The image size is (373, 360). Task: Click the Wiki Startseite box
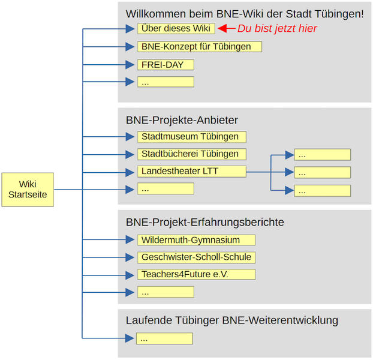[28, 190]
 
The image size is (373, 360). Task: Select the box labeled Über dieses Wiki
[176, 28]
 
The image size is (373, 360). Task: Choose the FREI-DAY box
[166, 64]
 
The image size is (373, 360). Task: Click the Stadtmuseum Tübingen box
[191, 136]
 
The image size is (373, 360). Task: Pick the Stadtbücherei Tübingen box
[191, 154]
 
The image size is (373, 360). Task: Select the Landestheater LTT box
[191, 172]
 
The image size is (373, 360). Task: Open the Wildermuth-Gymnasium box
[196, 240]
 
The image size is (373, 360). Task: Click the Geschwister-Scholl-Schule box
[196, 257]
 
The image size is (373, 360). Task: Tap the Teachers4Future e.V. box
[196, 274]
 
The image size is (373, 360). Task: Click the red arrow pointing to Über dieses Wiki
[225, 28]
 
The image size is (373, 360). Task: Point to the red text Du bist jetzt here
[277, 28]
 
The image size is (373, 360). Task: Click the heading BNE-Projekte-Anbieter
[182, 119]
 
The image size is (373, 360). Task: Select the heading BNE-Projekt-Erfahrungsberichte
[204, 223]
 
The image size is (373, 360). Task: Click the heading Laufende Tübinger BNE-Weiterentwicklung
[231, 320]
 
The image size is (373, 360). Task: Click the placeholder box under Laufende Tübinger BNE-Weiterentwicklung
[165, 338]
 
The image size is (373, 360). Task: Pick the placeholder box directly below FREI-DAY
[166, 82]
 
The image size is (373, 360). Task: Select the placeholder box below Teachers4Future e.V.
[166, 292]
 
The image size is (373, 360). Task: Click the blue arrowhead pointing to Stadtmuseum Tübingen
[130, 136]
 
